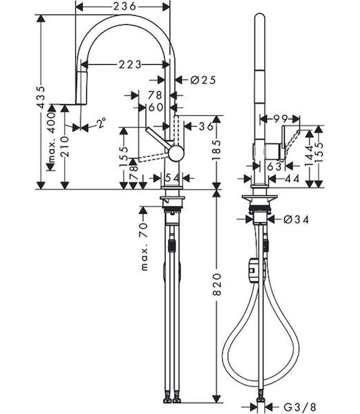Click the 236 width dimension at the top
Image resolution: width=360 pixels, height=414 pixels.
[125, 6]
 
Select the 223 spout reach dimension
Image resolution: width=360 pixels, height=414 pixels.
[130, 64]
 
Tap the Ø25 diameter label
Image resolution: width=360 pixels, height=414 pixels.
[203, 80]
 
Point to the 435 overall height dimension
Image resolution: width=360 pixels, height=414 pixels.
[41, 97]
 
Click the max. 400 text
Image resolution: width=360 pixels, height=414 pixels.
[52, 137]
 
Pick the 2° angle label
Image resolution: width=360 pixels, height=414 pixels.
[101, 123]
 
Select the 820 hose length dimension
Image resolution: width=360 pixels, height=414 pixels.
[217, 284]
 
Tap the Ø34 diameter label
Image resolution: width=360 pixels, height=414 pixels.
[296, 219]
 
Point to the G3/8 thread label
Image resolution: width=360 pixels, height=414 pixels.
[299, 406]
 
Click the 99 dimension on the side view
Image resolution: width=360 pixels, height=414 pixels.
[280, 119]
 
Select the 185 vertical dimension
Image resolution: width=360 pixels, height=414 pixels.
[217, 150]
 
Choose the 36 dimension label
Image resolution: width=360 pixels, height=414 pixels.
[206, 126]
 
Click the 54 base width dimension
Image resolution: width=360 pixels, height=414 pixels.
[172, 178]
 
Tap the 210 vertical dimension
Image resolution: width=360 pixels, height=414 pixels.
[65, 147]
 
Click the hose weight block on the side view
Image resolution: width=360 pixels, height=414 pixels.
[253, 271]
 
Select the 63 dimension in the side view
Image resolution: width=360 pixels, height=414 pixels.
[274, 166]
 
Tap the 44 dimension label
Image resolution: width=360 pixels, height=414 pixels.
[292, 179]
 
